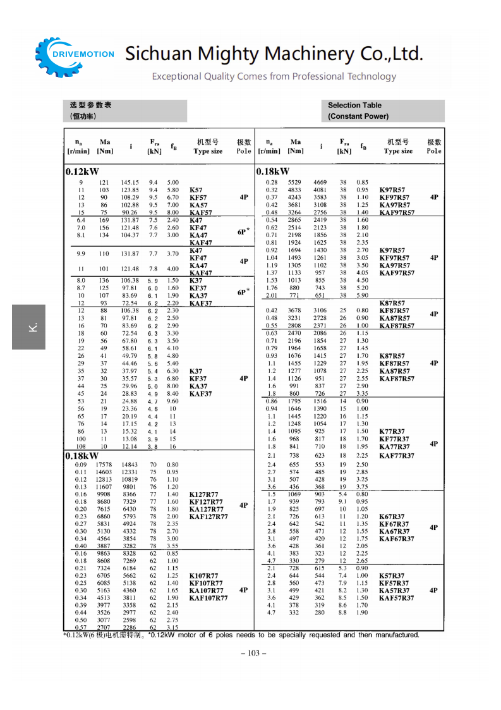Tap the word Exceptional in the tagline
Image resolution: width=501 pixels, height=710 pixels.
click(x=176, y=77)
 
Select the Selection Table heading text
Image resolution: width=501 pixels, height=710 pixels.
click(x=354, y=106)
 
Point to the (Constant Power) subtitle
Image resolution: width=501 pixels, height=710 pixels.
click(x=358, y=116)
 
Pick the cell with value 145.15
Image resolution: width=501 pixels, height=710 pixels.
click(x=130, y=183)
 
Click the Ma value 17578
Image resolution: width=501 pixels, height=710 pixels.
click(x=104, y=465)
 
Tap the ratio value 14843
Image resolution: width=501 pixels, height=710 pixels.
click(x=130, y=465)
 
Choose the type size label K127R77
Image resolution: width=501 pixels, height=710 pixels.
click(x=204, y=494)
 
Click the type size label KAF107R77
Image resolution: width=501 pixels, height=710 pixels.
click(x=208, y=597)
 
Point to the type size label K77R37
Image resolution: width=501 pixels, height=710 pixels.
click(x=393, y=431)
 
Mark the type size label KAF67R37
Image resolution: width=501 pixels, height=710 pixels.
click(x=396, y=539)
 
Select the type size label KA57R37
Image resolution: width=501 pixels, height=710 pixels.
click(x=394, y=591)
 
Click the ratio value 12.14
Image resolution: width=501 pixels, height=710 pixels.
click(x=130, y=446)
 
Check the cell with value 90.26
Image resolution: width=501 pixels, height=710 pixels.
click(x=130, y=213)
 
